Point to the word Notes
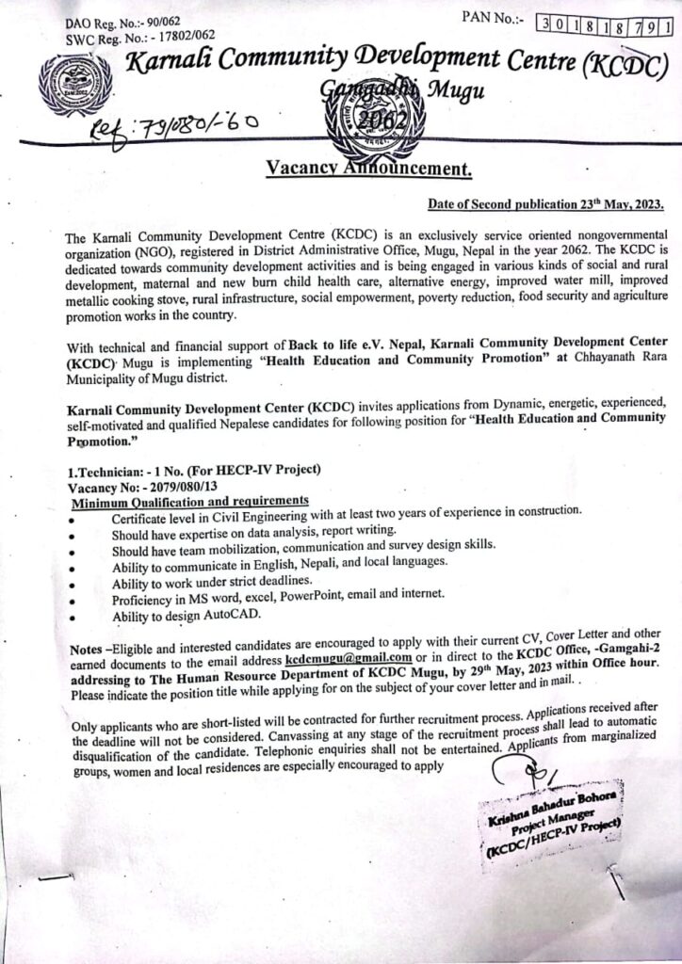pos(89,651)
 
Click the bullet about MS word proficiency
pos(278,600)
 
